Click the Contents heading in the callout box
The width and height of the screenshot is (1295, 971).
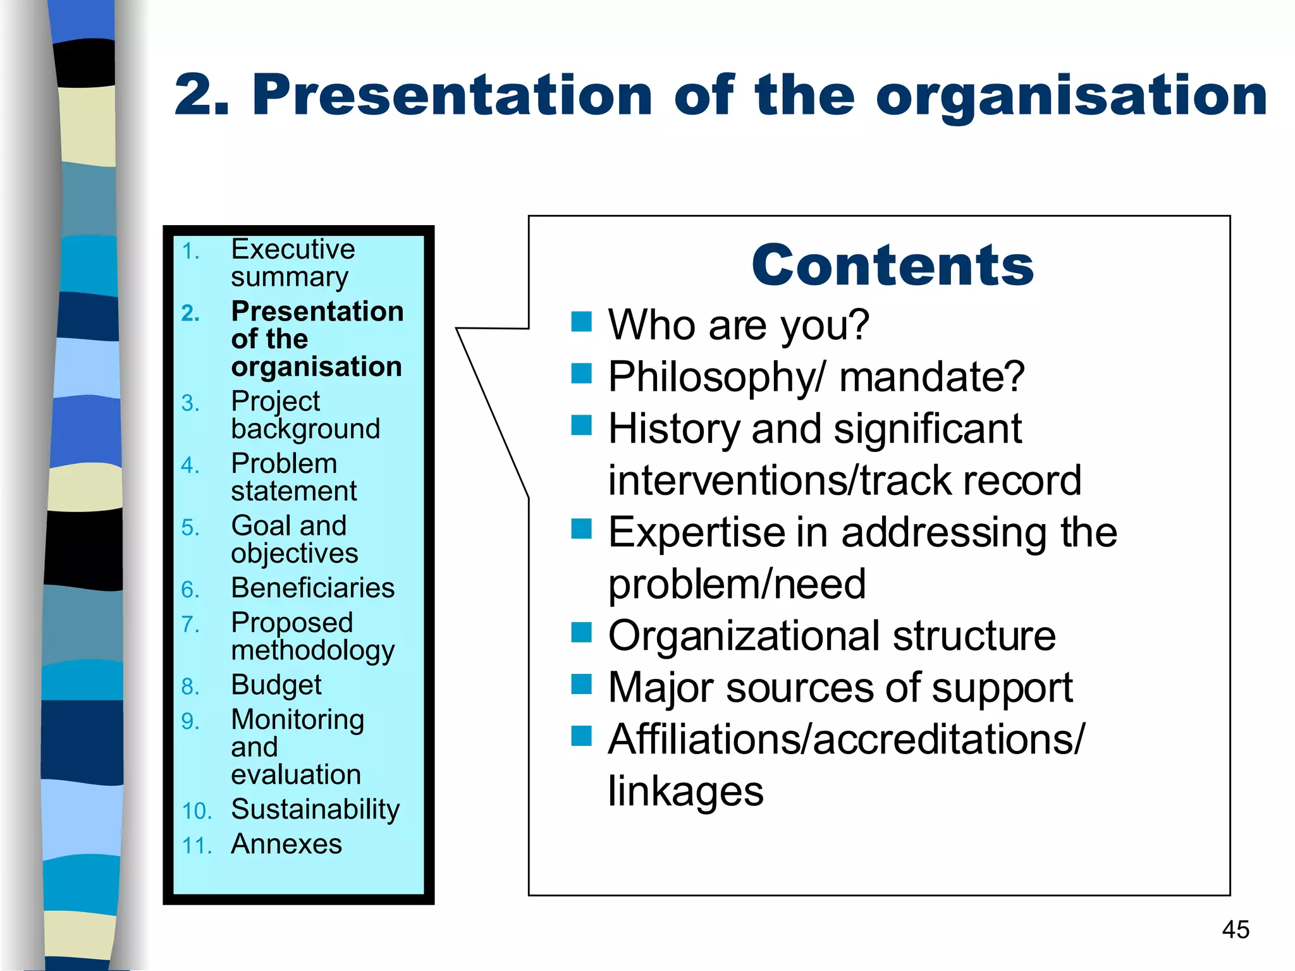892,266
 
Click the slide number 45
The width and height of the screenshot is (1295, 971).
1236,930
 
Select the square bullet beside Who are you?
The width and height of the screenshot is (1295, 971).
581,322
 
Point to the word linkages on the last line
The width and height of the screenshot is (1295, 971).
685,791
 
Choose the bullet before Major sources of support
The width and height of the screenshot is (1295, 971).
581,684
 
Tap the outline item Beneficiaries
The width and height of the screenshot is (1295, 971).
312,588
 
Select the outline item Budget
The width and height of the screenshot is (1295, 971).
276,685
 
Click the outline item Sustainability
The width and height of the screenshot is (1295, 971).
315,810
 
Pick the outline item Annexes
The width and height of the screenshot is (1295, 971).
286,844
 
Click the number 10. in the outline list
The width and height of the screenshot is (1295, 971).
197,811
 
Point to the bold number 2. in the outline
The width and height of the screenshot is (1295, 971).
190,313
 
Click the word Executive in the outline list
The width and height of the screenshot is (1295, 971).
293,249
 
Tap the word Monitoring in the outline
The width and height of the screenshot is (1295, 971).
297,720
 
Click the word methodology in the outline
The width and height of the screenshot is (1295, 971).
312,651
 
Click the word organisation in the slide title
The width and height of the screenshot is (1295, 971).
1071,96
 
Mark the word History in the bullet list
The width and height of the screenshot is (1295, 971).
673,429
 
